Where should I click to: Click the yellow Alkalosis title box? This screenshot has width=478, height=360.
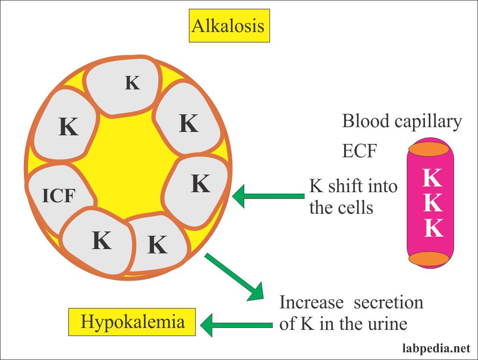pyautogui.click(x=229, y=26)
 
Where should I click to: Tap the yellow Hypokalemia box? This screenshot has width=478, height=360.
pyautogui.click(x=132, y=322)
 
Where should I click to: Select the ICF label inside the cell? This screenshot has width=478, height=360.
pyautogui.click(x=58, y=196)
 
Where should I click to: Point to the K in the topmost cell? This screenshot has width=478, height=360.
pyautogui.click(x=132, y=83)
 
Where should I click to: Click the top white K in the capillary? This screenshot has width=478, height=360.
pyautogui.click(x=432, y=177)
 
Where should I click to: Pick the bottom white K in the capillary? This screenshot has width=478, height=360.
pyautogui.click(x=434, y=228)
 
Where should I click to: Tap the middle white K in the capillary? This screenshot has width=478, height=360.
pyautogui.click(x=433, y=202)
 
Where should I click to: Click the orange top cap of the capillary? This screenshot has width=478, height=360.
pyautogui.click(x=429, y=149)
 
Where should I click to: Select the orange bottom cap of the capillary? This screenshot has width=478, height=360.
pyautogui.click(x=429, y=259)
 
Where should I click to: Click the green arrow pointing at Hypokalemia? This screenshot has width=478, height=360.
pyautogui.click(x=236, y=325)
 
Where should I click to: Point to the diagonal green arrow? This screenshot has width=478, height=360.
pyautogui.click(x=234, y=276)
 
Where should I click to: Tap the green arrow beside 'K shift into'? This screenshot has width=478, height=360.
pyautogui.click(x=268, y=196)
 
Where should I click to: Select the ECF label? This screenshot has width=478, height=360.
pyautogui.click(x=359, y=151)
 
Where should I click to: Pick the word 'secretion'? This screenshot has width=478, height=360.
pyautogui.click(x=388, y=302)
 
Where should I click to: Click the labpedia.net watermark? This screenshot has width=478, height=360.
pyautogui.click(x=436, y=348)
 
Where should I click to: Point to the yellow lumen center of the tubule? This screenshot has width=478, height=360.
pyautogui.click(x=128, y=168)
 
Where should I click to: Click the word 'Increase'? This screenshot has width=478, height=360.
pyautogui.click(x=312, y=302)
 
